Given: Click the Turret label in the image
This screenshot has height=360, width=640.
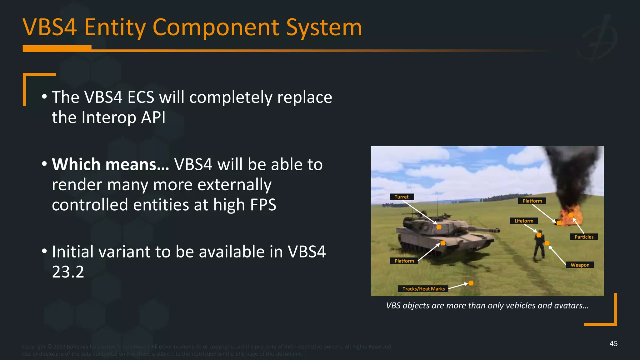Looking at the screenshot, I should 402,197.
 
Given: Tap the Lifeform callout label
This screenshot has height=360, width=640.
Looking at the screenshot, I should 524,221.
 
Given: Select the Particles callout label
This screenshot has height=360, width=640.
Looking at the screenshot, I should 583,237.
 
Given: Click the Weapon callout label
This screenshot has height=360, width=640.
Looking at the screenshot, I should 580,265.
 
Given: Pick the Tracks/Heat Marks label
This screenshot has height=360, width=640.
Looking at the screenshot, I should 423,289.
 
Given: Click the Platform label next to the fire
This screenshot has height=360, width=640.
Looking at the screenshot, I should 532,201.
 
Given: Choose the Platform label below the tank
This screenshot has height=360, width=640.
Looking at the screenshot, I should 404,261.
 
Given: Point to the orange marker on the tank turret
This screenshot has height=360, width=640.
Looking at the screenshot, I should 439,227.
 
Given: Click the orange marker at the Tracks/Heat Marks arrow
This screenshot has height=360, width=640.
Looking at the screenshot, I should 471,283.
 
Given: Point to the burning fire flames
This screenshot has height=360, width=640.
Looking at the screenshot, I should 569,216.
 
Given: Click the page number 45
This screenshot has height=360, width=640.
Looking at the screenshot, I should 613,344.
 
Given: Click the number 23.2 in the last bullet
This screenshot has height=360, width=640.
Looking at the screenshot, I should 68,272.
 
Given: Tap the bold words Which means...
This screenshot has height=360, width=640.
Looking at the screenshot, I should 110,164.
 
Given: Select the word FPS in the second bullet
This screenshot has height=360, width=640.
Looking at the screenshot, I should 260,205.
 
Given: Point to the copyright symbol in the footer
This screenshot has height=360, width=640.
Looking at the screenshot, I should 50,347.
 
